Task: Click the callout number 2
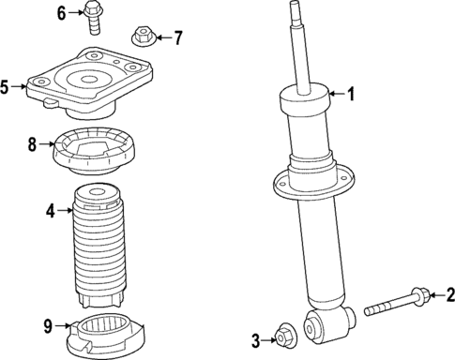pos(448,297)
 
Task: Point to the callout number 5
pos(5,87)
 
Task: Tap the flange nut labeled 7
pos(142,37)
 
